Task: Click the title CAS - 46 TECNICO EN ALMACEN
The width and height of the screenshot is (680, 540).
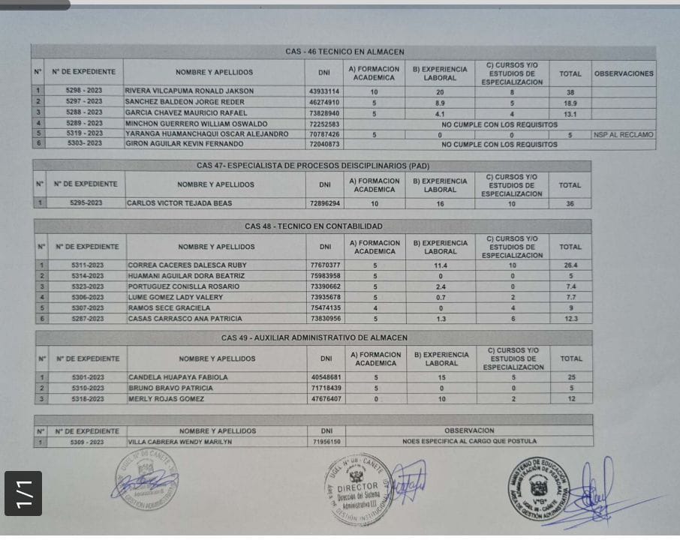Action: pos(345,52)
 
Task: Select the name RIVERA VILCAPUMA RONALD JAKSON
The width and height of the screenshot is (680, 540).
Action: pos(189,91)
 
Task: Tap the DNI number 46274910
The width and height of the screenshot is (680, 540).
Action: pos(324,102)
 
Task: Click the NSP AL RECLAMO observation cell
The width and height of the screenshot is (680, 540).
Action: pos(623,135)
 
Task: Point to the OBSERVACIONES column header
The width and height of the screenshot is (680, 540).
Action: pos(624,73)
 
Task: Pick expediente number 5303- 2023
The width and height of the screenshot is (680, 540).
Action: pos(85,143)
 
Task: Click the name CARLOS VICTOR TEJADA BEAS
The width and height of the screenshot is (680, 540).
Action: pos(179,203)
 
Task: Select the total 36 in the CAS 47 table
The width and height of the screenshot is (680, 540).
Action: pos(570,203)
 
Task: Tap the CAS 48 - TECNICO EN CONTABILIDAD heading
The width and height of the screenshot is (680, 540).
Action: pos(313,226)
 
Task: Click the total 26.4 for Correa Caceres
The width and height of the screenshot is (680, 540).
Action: pos(571,265)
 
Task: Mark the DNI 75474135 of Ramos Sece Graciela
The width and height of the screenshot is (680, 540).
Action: pos(325,307)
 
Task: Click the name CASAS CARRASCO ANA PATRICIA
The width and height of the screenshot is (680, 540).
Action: pos(185,319)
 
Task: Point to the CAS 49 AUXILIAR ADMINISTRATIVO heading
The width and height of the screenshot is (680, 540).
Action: pos(314,338)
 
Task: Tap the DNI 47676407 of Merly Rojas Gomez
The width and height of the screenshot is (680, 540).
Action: pos(326,399)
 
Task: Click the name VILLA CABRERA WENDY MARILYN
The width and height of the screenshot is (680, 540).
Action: pos(180,442)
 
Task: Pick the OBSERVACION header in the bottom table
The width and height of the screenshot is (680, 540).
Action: pos(469,431)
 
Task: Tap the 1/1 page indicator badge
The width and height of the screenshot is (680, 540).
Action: pos(23,493)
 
